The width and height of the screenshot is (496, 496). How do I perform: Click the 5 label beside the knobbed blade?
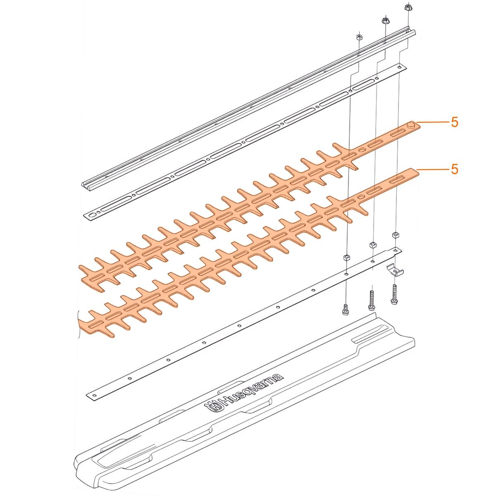[455, 122]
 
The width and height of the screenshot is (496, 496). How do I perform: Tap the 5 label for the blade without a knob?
[455, 169]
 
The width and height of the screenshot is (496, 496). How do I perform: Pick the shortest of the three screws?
[346, 310]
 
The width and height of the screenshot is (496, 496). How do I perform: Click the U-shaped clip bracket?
[395, 270]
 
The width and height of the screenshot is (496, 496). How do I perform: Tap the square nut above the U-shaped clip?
[395, 235]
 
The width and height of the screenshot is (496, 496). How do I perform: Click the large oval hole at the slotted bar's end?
[92, 215]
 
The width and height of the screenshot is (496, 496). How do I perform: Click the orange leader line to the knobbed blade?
[433, 122]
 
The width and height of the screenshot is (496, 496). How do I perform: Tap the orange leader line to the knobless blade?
[433, 169]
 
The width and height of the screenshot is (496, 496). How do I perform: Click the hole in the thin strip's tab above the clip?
[396, 250]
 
